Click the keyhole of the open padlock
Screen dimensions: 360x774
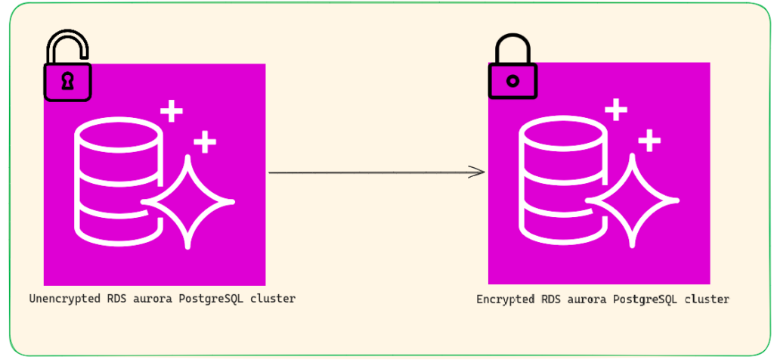[67, 82]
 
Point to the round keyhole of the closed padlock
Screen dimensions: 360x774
[512, 81]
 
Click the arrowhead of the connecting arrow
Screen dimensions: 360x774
[478, 172]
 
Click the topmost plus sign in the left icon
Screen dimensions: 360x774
[172, 113]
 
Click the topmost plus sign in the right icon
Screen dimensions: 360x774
[617, 110]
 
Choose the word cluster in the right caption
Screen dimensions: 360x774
[707, 299]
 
